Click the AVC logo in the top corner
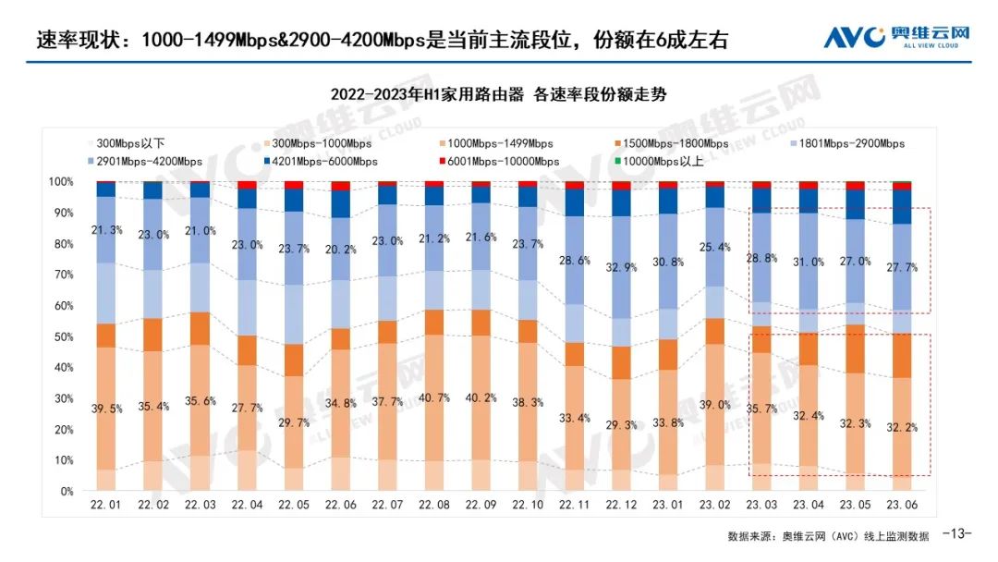(897, 37)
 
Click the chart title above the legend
(499, 95)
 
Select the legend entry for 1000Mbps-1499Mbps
(500, 143)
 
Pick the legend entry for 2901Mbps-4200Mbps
(147, 161)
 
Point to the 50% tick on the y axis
(61, 336)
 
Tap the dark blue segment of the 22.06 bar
(341, 203)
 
